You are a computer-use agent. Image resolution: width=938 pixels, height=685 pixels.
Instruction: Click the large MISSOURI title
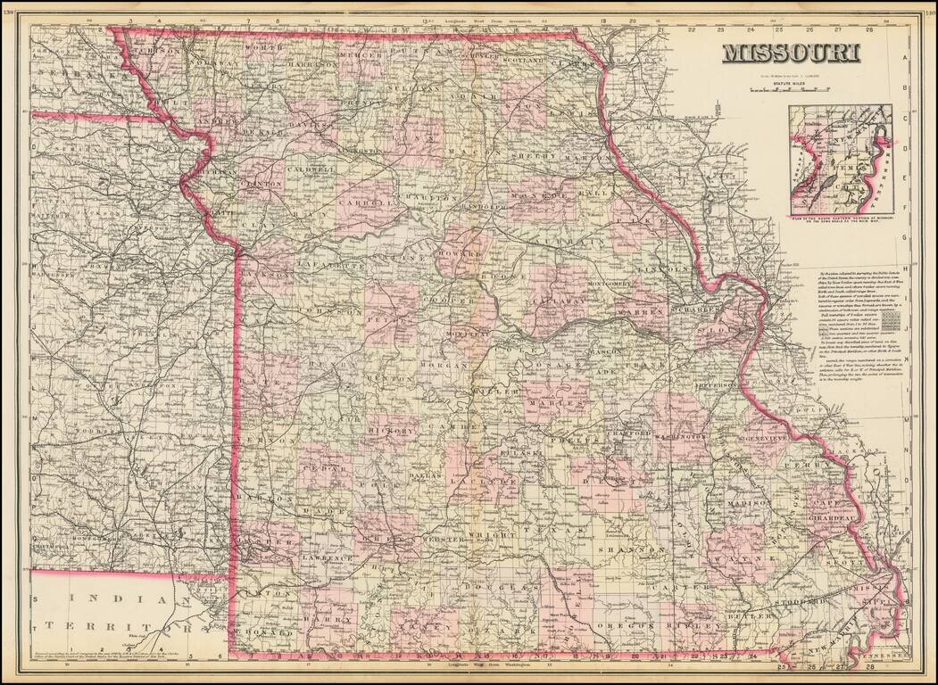click(x=791, y=54)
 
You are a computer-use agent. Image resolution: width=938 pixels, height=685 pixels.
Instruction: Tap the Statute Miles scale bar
click(x=791, y=90)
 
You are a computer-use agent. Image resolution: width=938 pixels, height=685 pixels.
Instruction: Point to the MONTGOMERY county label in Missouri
click(x=610, y=284)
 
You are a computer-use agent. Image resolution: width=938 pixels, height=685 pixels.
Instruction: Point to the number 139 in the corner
click(x=11, y=13)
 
